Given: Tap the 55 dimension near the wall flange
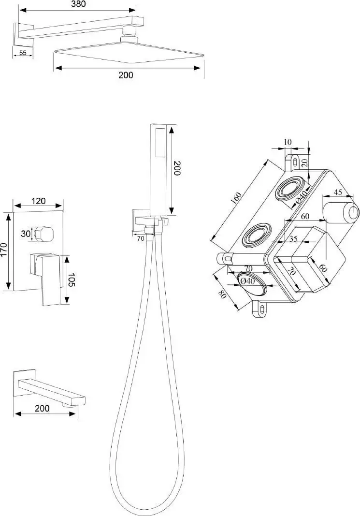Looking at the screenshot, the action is [x=23, y=53].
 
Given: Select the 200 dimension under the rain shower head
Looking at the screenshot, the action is [x=126, y=75].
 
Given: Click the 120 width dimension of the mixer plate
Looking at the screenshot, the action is [x=39, y=200].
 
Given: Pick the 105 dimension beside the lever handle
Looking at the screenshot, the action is [x=72, y=280].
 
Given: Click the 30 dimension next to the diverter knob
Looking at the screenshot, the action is [x=26, y=234].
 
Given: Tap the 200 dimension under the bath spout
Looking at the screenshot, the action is [x=42, y=408].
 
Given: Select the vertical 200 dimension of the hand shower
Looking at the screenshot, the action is [x=177, y=168].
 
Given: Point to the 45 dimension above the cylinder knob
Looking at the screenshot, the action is [x=338, y=192].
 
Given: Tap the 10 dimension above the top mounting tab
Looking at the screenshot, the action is [x=288, y=142].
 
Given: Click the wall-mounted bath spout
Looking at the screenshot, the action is [x=49, y=388].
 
